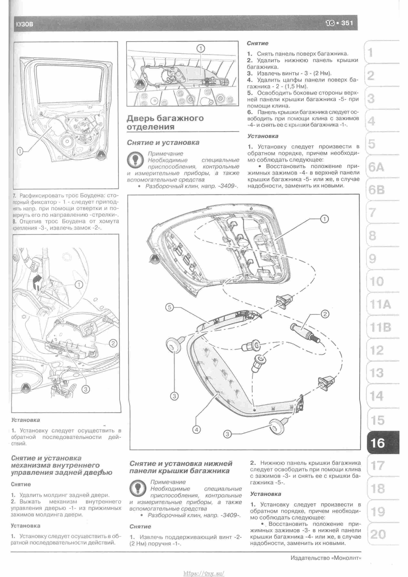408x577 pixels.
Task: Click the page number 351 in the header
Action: click(x=347, y=23)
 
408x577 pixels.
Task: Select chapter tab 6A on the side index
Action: click(x=376, y=167)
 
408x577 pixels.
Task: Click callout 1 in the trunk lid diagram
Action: click(x=325, y=219)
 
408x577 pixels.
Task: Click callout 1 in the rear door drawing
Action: click(x=20, y=151)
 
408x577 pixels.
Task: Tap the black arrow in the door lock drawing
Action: click(x=37, y=280)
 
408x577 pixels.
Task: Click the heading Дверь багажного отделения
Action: click(x=165, y=122)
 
